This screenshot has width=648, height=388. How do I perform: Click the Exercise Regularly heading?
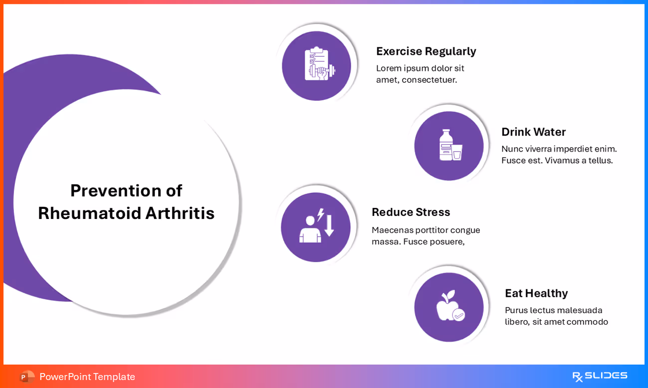426,51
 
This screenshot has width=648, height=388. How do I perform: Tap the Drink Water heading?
533,132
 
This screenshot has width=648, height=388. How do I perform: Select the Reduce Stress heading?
411,212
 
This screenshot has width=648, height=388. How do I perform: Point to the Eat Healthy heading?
536,293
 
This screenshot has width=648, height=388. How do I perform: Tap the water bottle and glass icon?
449,145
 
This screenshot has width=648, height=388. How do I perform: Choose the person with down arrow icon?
316,226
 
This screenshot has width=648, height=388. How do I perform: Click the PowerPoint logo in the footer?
26,377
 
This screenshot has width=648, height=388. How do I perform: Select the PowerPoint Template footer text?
87,377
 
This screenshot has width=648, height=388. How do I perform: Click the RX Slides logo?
600,376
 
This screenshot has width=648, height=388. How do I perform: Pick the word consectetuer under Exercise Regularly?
429,80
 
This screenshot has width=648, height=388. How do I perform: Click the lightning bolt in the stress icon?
320,214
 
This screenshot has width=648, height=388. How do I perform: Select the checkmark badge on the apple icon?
458,315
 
